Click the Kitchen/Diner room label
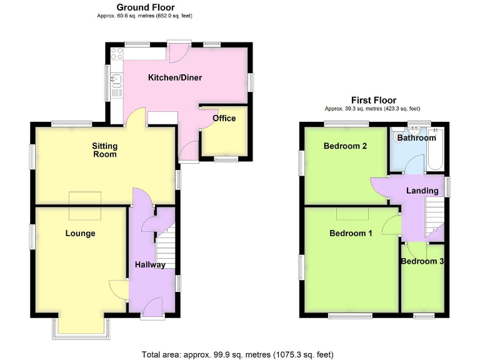[x=174, y=78]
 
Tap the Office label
[x=224, y=118]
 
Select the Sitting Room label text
[x=105, y=150]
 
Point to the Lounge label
[x=81, y=233]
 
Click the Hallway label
[x=150, y=264]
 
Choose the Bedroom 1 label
[x=351, y=233]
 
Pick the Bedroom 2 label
[x=344, y=146]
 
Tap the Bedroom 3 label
[x=422, y=261]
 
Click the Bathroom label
[x=416, y=137]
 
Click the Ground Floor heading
[x=145, y=7]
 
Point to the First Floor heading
[x=373, y=100]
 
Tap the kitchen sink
[x=115, y=80]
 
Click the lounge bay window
[x=81, y=327]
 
